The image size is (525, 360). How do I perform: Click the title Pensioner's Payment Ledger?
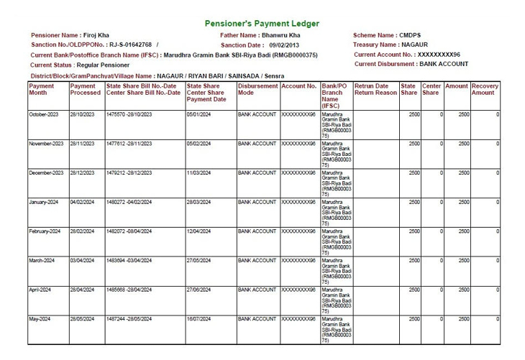coord(262,24)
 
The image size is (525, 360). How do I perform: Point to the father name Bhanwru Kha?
coord(280,35)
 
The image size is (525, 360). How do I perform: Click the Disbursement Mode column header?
coord(257,89)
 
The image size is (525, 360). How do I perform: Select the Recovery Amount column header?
coord(485,89)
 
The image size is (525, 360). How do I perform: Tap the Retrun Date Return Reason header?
coord(375,89)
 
